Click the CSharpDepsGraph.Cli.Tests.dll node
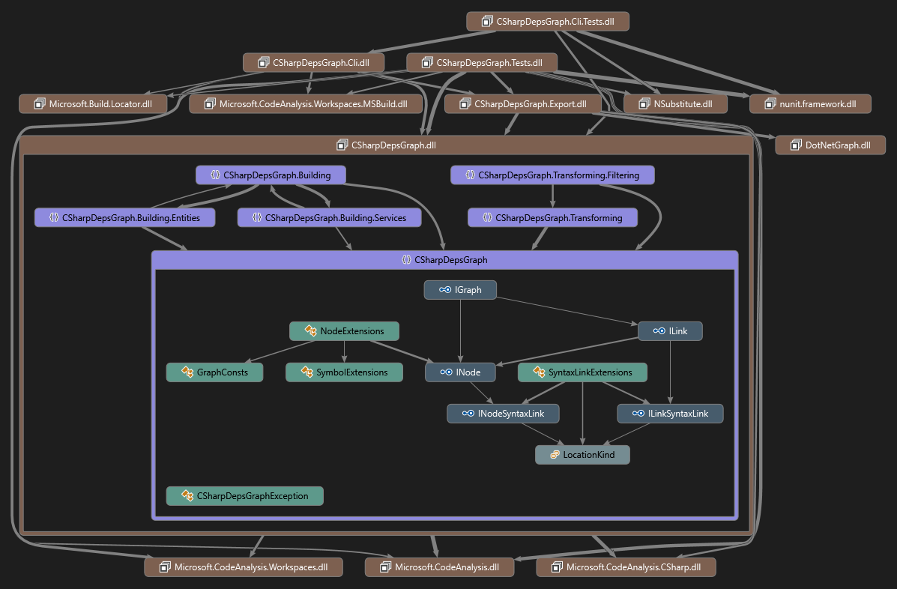pyautogui.click(x=548, y=22)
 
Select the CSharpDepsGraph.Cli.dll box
pyautogui.click(x=313, y=63)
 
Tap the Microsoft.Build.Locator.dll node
pyautogui.click(x=93, y=104)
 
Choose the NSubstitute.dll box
pyautogui.click(x=675, y=104)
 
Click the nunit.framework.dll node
pyautogui.click(x=810, y=104)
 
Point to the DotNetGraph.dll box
pyautogui.click(x=830, y=145)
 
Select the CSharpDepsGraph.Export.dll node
pyautogui.click(x=523, y=104)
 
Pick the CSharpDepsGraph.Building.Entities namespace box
pyautogui.click(x=124, y=218)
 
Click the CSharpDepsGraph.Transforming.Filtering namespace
pyautogui.click(x=552, y=175)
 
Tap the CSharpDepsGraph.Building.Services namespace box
pyautogui.click(x=330, y=218)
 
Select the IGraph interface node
pyautogui.click(x=460, y=290)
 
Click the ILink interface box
pyautogui.click(x=670, y=331)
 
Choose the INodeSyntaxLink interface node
pyautogui.click(x=503, y=414)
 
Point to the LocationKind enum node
pyautogui.click(x=582, y=455)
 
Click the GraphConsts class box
pyautogui.click(x=214, y=372)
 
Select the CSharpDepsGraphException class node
pyautogui.click(x=245, y=496)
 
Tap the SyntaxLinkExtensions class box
pyautogui.click(x=582, y=372)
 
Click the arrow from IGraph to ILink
pyautogui.click(x=567, y=310)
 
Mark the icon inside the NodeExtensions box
pyautogui.click(x=311, y=330)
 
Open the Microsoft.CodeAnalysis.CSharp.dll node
pyautogui.click(x=626, y=567)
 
